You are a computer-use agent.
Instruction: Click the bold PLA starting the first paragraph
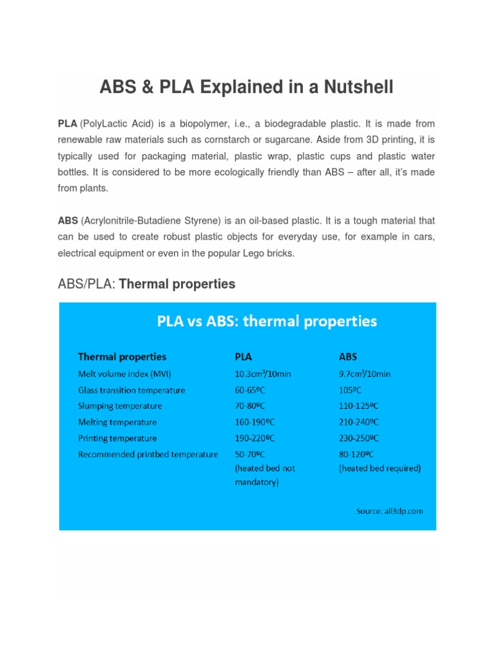point(67,123)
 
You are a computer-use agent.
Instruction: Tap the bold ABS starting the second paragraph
point(68,220)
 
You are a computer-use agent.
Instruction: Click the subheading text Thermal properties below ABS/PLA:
point(177,284)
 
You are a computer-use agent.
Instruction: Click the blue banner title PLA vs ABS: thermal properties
point(267,321)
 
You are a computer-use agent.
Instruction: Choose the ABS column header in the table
point(348,357)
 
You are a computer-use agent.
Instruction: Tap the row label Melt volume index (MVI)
point(125,374)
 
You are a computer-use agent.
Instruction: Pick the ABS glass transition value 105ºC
point(350,390)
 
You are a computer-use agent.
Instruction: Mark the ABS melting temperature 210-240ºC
point(359,422)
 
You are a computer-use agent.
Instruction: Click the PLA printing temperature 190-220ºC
point(255,438)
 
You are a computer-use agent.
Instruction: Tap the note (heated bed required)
point(379,468)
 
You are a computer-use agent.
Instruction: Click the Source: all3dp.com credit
point(390,511)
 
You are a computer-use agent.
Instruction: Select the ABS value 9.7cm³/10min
point(365,374)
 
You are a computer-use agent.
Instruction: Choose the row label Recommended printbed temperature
point(148,454)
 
